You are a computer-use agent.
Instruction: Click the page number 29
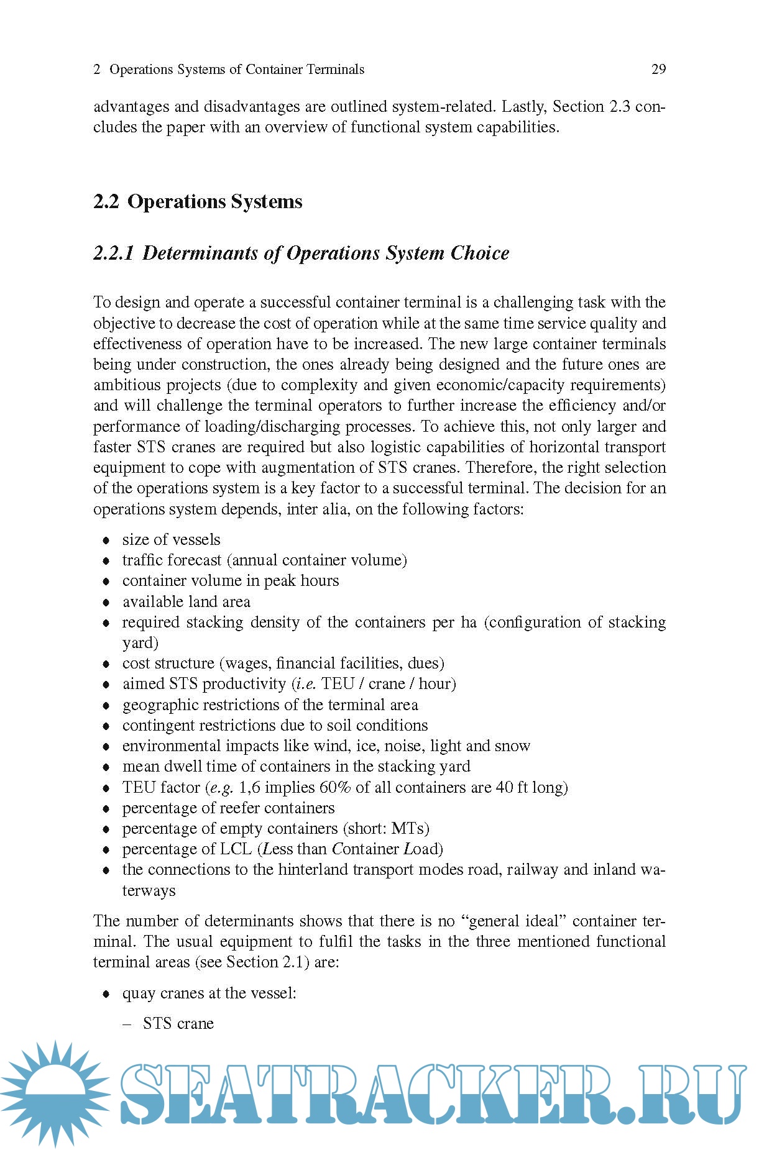point(658,69)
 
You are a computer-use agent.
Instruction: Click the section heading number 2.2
point(106,201)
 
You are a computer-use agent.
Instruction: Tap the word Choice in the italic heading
point(480,253)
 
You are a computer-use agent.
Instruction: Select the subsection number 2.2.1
point(113,253)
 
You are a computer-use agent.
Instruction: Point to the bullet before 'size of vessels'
point(106,540)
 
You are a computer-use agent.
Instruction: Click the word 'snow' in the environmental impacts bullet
point(513,746)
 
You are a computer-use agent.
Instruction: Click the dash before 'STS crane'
point(127,1024)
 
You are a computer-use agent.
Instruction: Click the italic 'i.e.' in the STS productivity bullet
point(305,683)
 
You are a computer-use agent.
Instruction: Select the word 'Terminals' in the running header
point(336,69)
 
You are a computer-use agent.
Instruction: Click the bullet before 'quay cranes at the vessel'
point(106,993)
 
